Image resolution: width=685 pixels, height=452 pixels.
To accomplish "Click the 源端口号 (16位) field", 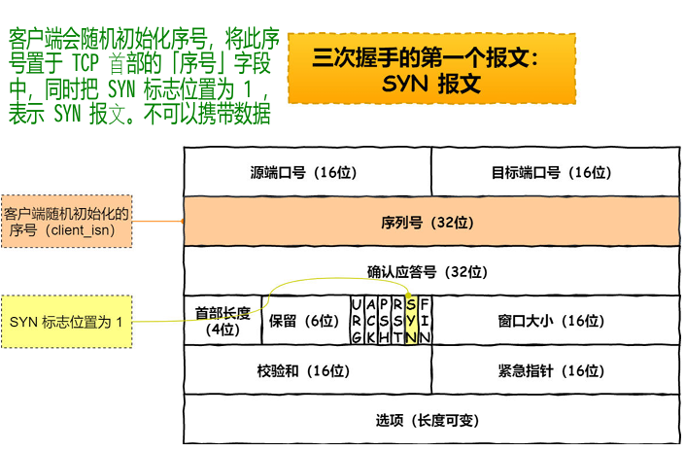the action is pos(306,172).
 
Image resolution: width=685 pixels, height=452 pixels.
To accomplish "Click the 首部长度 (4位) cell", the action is pos(223,321).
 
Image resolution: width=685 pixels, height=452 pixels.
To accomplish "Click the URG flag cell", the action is pos(357,321).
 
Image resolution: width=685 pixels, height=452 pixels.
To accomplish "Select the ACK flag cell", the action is pos(370,321).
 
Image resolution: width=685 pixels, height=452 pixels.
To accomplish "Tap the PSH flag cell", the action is pos(384,321).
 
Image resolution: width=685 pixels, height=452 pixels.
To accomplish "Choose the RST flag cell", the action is pos(397,321).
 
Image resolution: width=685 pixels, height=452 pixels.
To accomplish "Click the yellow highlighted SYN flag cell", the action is pos(411,321).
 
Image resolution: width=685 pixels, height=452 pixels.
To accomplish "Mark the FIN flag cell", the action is pos(425,321).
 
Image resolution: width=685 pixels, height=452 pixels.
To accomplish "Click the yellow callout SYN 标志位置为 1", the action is pos(66,321).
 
